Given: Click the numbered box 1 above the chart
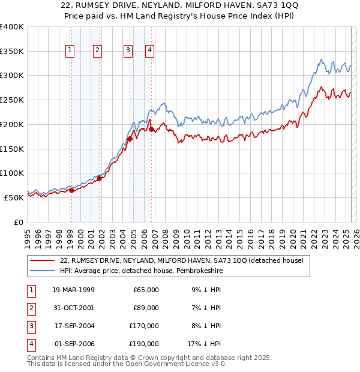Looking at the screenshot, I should pyautogui.click(x=71, y=51).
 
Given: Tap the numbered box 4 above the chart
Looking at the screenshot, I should pyautogui.click(x=149, y=51).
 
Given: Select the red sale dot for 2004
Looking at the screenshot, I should pyautogui.click(x=130, y=139).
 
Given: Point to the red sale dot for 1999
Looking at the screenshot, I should pyautogui.click(x=71, y=191).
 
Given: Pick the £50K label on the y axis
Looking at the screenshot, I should pyautogui.click(x=13, y=197).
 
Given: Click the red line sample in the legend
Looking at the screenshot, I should pyautogui.click(x=41, y=260).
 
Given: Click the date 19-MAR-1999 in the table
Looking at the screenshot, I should pyautogui.click(x=74, y=290).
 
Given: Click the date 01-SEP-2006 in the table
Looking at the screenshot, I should pyautogui.click(x=74, y=344).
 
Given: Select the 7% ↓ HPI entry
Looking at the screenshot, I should pyautogui.click(x=206, y=308).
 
